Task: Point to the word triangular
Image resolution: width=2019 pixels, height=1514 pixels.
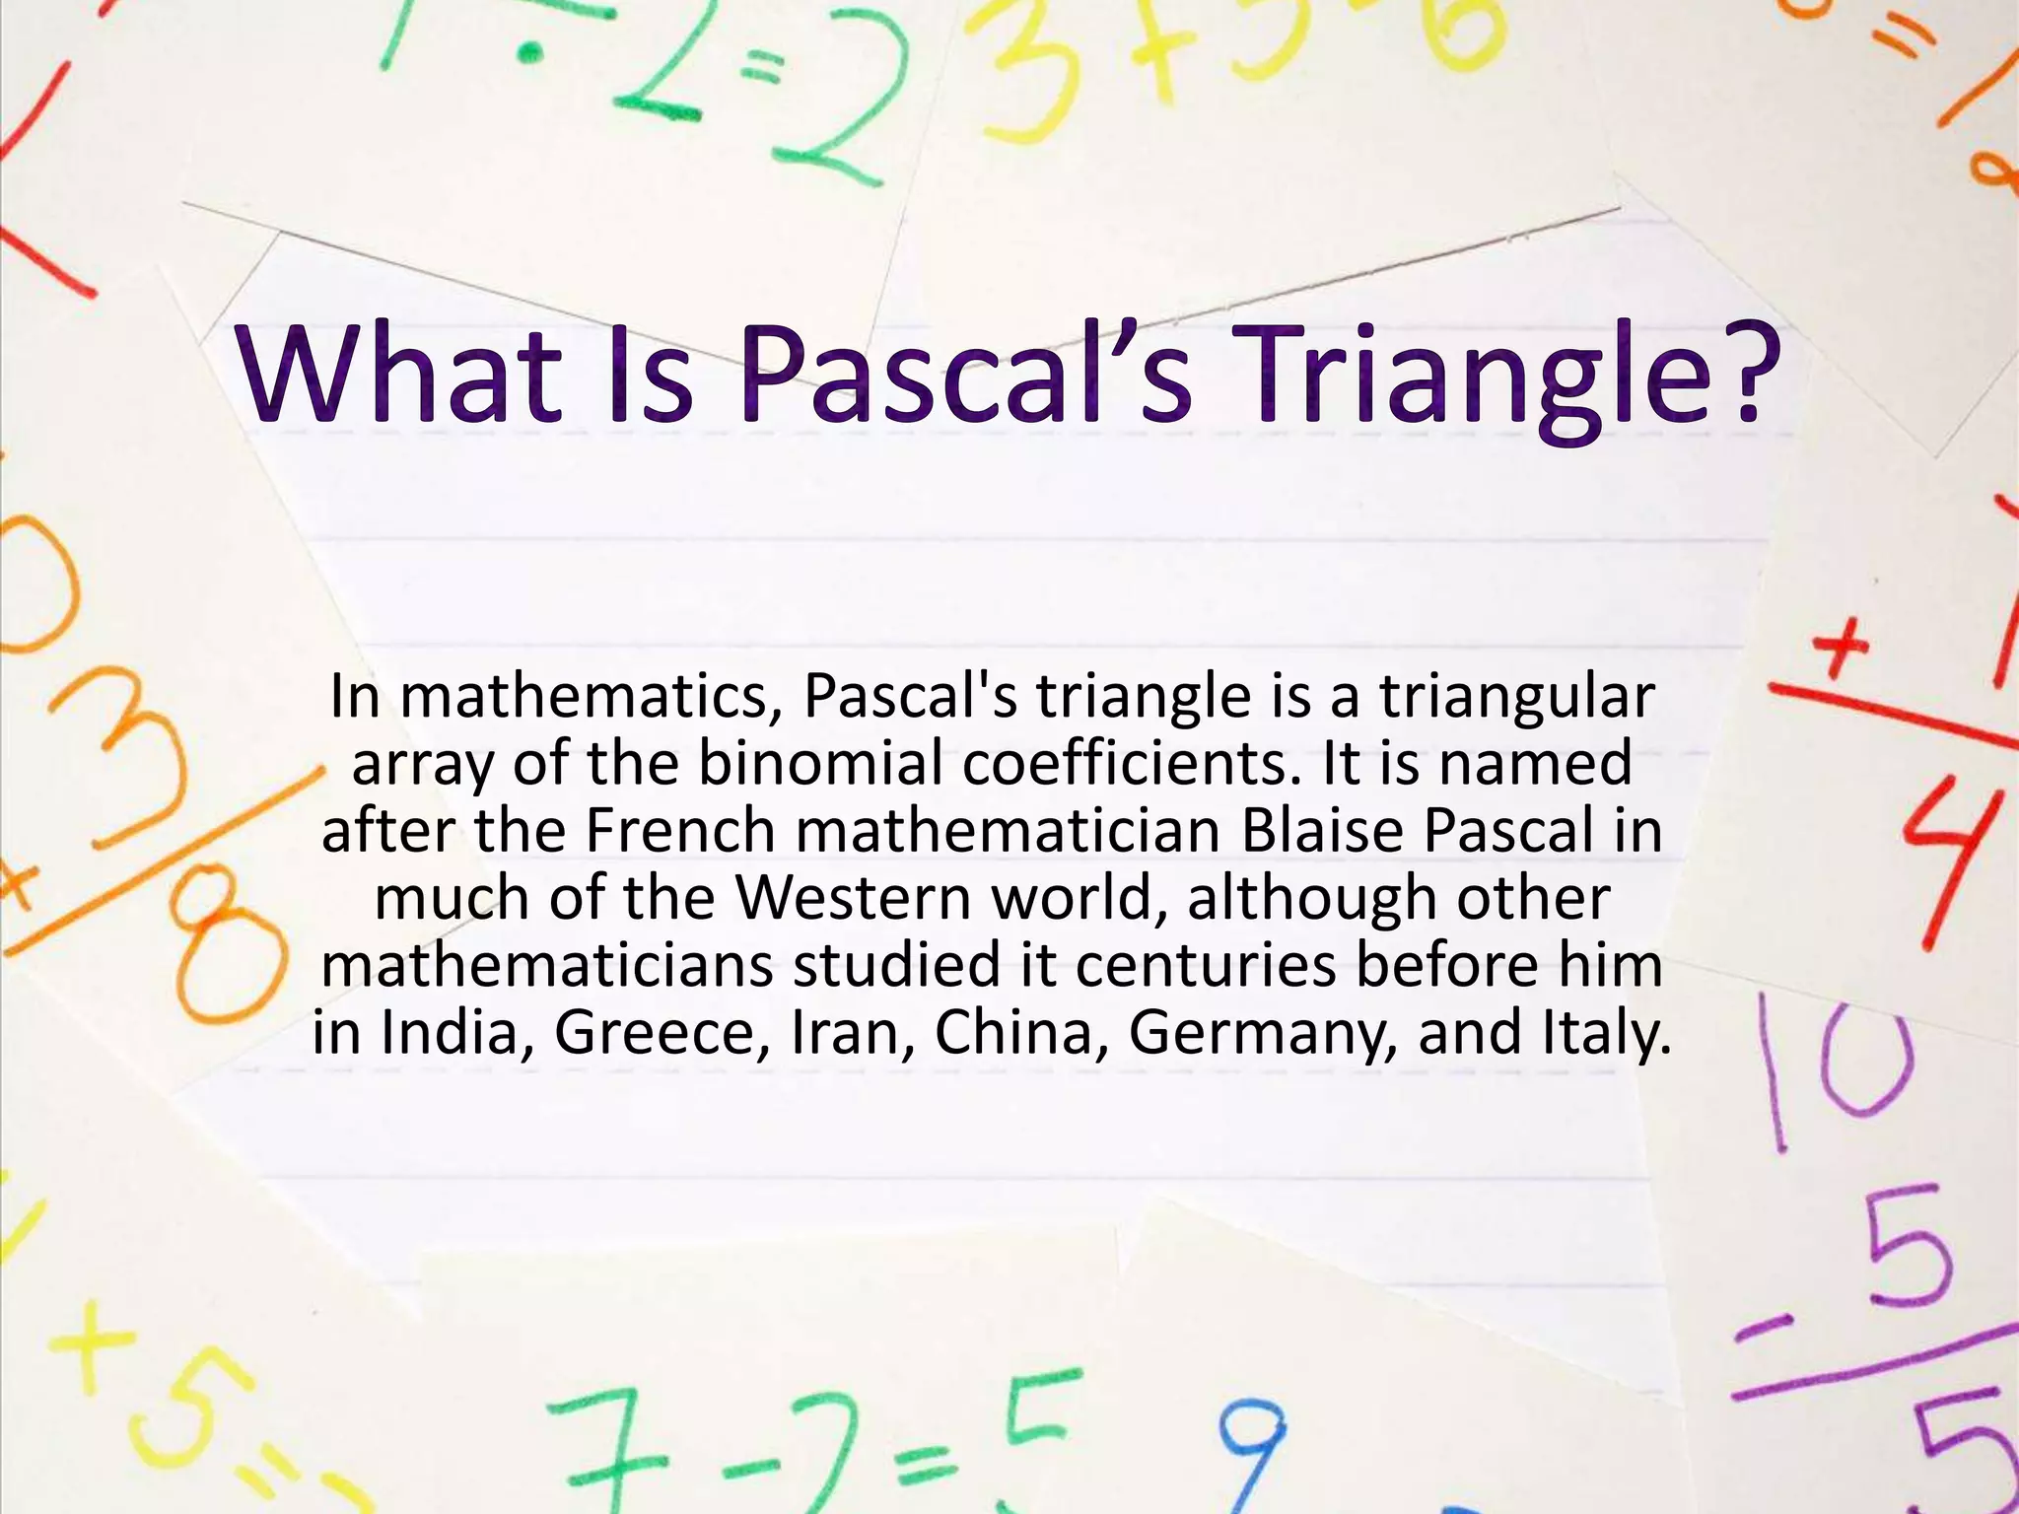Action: click(x=1516, y=698)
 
